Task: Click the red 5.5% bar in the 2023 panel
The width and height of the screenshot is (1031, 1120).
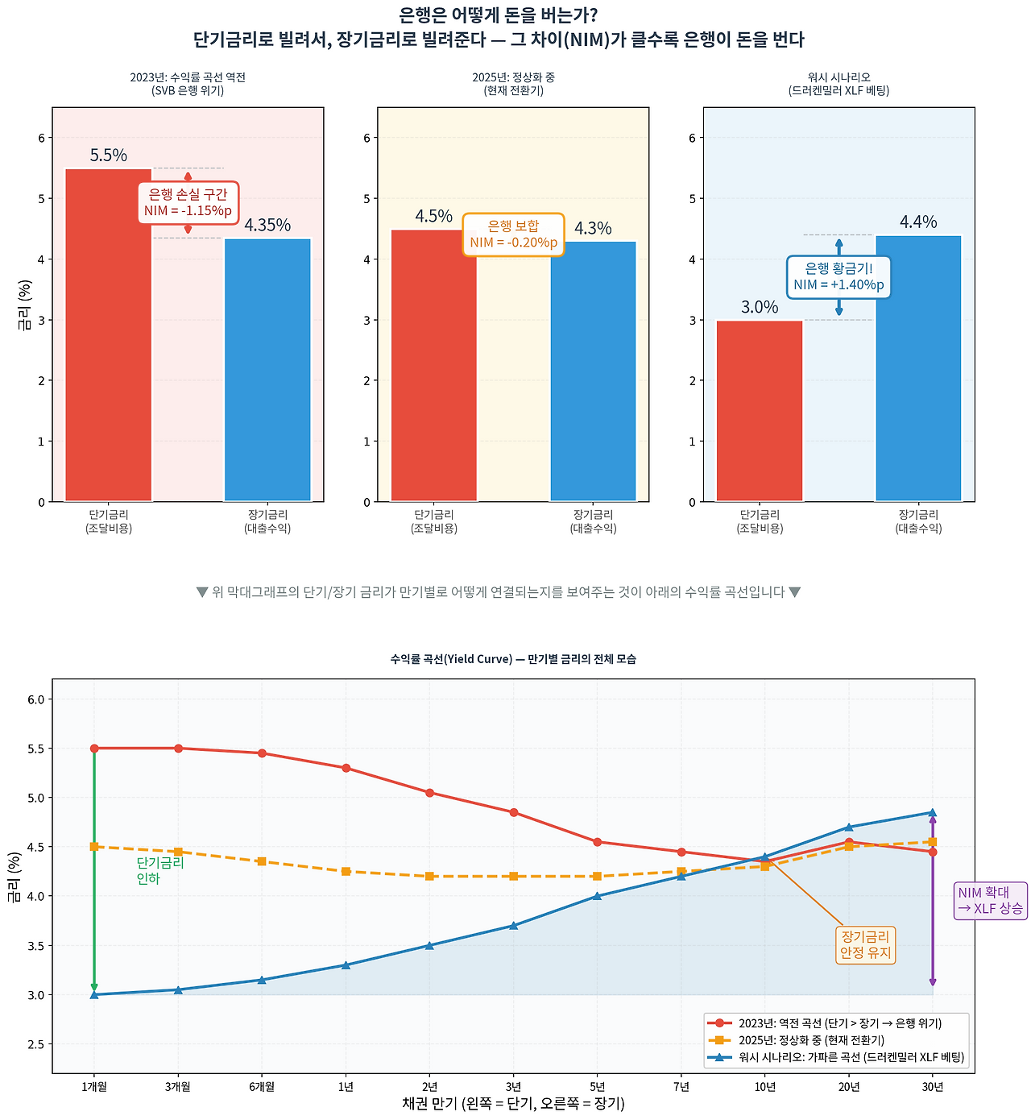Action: pos(109,334)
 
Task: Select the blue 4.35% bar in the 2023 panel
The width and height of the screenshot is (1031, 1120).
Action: pos(267,370)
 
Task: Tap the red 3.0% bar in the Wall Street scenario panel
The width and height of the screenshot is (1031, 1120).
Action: pos(760,411)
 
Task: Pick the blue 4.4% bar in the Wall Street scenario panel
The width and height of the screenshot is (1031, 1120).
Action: pos(918,368)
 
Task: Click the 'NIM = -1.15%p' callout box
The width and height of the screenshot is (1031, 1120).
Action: pos(188,203)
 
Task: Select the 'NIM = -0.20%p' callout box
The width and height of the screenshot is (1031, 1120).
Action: pos(513,234)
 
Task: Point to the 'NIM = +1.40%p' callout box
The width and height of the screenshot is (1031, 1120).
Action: pos(838,276)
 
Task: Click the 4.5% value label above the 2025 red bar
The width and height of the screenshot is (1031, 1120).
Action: pos(433,216)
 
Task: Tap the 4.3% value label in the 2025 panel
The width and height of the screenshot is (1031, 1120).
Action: pos(593,228)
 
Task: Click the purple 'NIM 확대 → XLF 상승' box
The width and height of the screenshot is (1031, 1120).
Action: pos(990,901)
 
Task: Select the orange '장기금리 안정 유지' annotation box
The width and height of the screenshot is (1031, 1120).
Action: pos(866,944)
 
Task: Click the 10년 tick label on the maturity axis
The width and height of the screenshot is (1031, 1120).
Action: pos(765,1087)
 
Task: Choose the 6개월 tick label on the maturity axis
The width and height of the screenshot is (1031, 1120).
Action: pos(262,1087)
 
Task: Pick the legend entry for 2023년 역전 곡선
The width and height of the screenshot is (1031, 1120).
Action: pos(839,1023)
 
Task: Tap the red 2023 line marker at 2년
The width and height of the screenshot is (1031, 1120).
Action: pos(429,793)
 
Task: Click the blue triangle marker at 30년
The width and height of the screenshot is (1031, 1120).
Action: pos(933,812)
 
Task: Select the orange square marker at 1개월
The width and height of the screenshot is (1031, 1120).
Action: pos(94,847)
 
